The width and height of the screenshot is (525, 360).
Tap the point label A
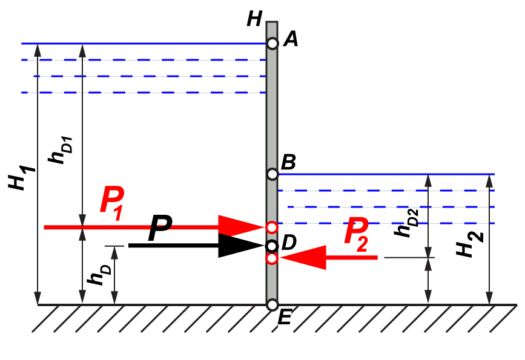pos(291,39)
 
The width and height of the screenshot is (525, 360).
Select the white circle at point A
pos(272,44)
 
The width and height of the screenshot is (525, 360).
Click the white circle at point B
pos(272,174)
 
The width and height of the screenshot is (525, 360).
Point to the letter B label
pos(289,162)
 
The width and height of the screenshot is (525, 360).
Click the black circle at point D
pos(272,246)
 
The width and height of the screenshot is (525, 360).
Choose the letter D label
pos(289,243)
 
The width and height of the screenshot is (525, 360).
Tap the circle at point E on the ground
pos(272,304)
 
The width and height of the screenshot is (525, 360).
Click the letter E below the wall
pos(284,318)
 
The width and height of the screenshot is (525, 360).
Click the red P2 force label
pos(357,234)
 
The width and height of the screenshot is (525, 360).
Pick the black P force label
pos(160,229)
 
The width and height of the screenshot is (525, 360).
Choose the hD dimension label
pos(97,275)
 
